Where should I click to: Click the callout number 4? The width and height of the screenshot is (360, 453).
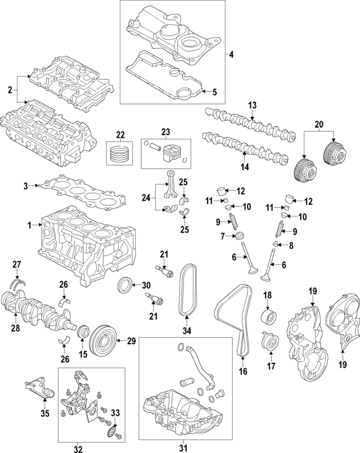point(231,55)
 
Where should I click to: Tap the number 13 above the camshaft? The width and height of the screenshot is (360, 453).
point(253,105)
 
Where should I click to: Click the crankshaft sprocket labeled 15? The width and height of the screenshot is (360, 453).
point(82,336)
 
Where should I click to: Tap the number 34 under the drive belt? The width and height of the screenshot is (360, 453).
point(187,329)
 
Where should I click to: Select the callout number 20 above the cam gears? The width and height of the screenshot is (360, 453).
point(319,124)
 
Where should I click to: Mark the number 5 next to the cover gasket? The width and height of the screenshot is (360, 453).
point(214,92)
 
